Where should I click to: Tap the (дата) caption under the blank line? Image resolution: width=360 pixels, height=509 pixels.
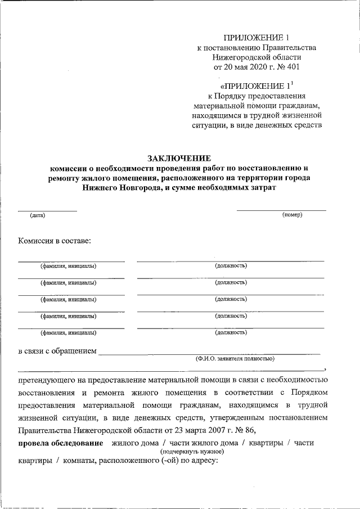tap(38, 215)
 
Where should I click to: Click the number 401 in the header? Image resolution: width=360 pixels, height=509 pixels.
tap(291, 67)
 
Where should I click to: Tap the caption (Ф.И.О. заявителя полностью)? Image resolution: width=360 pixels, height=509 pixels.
tap(234, 358)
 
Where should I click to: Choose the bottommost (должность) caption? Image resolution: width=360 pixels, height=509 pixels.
tap(231, 333)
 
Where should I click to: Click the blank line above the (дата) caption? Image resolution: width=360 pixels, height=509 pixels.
tap(47, 210)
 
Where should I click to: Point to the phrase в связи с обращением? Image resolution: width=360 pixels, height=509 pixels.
tap(57, 352)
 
